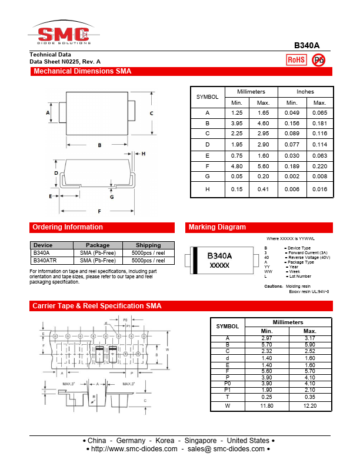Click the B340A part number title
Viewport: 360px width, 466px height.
click(306, 45)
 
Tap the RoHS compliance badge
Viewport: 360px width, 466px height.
click(296, 59)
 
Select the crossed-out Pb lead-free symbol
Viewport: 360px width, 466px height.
click(318, 59)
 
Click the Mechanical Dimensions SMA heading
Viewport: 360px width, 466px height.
click(82, 72)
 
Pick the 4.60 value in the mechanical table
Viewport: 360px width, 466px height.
click(263, 123)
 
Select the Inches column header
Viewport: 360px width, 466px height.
click(305, 92)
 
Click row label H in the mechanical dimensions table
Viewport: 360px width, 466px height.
click(207, 189)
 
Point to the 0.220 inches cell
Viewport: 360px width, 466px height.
click(319, 166)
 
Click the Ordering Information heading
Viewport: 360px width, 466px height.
click(68, 227)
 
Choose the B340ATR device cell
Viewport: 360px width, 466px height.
click(45, 260)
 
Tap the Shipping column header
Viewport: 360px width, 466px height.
click(148, 245)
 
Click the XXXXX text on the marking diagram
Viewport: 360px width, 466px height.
click(219, 266)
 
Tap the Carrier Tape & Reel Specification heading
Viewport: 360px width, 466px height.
click(97, 306)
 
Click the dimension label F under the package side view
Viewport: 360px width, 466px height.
click(99, 211)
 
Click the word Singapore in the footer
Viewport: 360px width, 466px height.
click(202, 441)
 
